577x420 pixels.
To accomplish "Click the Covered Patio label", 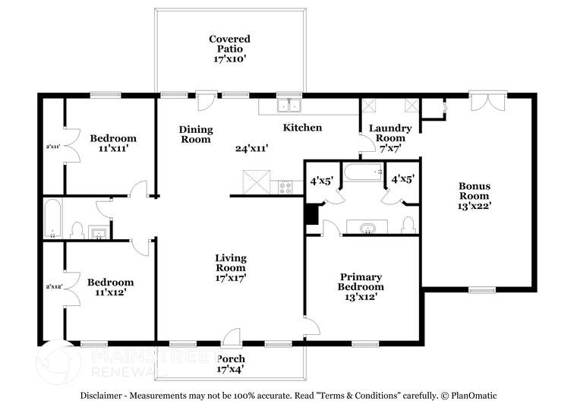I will (229, 48).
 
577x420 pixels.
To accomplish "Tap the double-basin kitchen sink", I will (288, 106).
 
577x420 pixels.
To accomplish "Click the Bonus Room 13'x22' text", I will (474, 196).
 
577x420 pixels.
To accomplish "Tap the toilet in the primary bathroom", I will (408, 225).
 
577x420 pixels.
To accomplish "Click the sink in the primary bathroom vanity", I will (367, 228).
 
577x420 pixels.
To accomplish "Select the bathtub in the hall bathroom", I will (52, 219).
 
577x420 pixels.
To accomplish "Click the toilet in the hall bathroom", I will (77, 229).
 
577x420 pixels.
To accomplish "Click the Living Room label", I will (229, 268).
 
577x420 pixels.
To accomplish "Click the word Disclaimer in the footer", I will (105, 396).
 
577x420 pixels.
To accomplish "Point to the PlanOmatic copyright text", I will (468, 396).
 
